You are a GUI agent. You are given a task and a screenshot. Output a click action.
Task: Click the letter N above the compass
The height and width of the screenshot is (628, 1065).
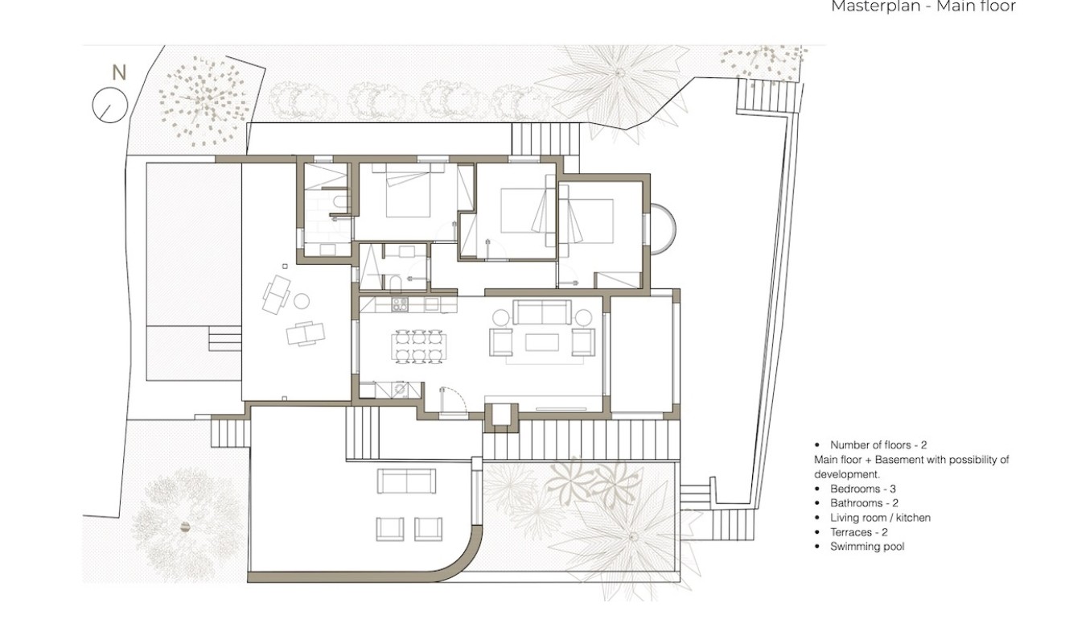coord(119,72)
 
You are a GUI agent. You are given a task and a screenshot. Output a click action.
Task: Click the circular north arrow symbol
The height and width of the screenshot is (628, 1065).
coord(110,105)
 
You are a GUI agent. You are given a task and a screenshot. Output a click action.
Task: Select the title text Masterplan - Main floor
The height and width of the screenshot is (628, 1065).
coord(923,7)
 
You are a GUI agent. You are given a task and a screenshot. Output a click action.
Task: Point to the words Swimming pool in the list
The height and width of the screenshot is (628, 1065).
coord(867,547)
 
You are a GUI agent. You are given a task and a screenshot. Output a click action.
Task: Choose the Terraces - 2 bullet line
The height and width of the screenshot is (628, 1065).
coord(858,532)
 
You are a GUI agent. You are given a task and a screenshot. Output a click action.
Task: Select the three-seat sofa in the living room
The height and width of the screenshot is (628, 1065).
coord(542,312)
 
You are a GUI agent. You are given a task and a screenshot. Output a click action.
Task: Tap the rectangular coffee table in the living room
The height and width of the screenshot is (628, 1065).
coord(541,342)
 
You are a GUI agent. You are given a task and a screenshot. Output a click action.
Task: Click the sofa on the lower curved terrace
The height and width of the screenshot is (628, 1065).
coord(407,481)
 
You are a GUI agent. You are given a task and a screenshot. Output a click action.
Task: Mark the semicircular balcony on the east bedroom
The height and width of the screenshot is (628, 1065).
coord(661,229)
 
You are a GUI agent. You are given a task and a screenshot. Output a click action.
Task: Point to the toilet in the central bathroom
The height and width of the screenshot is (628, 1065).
coord(396,282)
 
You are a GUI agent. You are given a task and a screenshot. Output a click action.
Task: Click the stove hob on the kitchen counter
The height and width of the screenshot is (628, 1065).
coord(399,304)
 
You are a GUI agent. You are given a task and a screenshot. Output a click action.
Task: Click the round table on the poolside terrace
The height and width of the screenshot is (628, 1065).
coord(302,301)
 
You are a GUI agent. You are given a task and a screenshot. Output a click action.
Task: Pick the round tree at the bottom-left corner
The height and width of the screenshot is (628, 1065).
coord(186,527)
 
